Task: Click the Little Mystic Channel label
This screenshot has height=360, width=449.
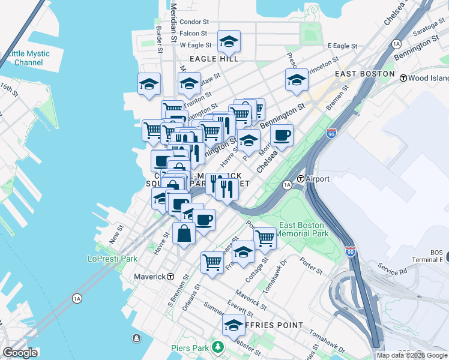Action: click(x=28, y=58)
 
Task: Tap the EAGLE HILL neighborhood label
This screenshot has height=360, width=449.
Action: click(x=214, y=59)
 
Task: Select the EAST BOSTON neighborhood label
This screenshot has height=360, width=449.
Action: click(x=365, y=74)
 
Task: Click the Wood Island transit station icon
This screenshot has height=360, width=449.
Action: click(x=404, y=78)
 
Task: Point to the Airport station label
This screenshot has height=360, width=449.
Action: click(x=318, y=179)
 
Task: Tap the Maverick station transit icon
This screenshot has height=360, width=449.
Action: click(x=170, y=277)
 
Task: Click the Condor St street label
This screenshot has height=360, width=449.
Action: click(x=192, y=22)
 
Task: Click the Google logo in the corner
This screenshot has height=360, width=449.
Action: click(x=20, y=353)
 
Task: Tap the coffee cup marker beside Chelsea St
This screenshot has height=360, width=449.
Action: click(x=282, y=136)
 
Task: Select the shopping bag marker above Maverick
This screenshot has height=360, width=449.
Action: click(x=184, y=233)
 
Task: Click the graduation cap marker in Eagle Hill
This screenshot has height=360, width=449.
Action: click(x=228, y=41)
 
